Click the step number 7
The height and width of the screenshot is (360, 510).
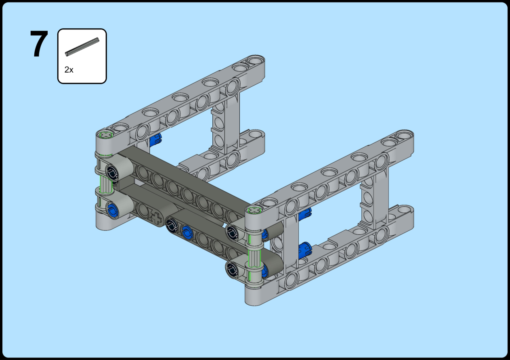[39, 44]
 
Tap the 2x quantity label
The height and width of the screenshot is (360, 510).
[69, 70]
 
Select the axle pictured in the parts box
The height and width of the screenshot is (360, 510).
[82, 47]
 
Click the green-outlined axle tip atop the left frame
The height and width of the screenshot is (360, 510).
[106, 135]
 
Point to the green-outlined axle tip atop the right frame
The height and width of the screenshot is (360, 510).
[254, 210]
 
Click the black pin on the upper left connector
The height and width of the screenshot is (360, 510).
[112, 174]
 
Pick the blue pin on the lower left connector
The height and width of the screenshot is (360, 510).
[113, 211]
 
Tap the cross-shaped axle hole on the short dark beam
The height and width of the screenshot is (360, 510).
[156, 218]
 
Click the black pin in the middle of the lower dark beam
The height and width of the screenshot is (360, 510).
[172, 225]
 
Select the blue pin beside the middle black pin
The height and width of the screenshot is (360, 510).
[187, 232]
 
